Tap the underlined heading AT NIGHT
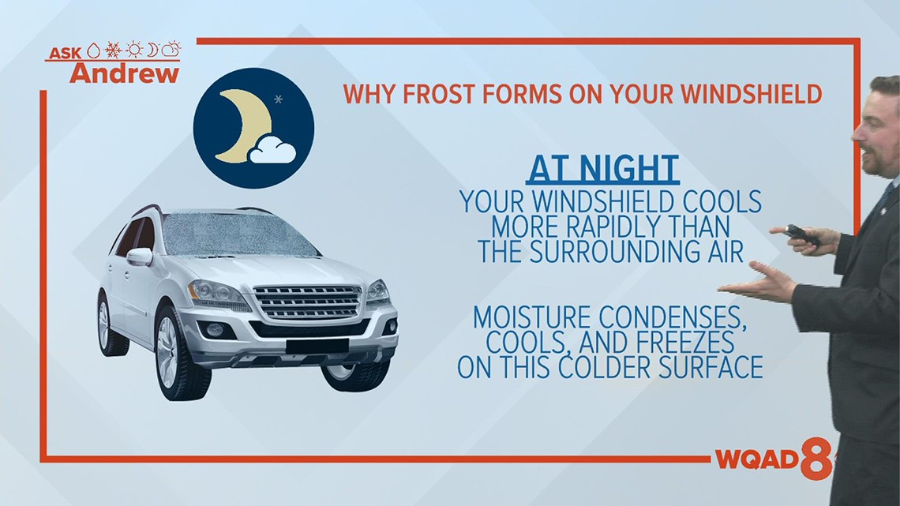pos(602,170)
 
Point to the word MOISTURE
pos(533,318)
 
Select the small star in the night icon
pos(277,99)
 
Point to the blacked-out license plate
pos(317,346)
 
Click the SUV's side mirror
pos(139,256)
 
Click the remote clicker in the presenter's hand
pos(804,234)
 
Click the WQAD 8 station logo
pos(772,461)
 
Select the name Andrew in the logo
pos(124,73)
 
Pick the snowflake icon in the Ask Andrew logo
pos(114,51)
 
